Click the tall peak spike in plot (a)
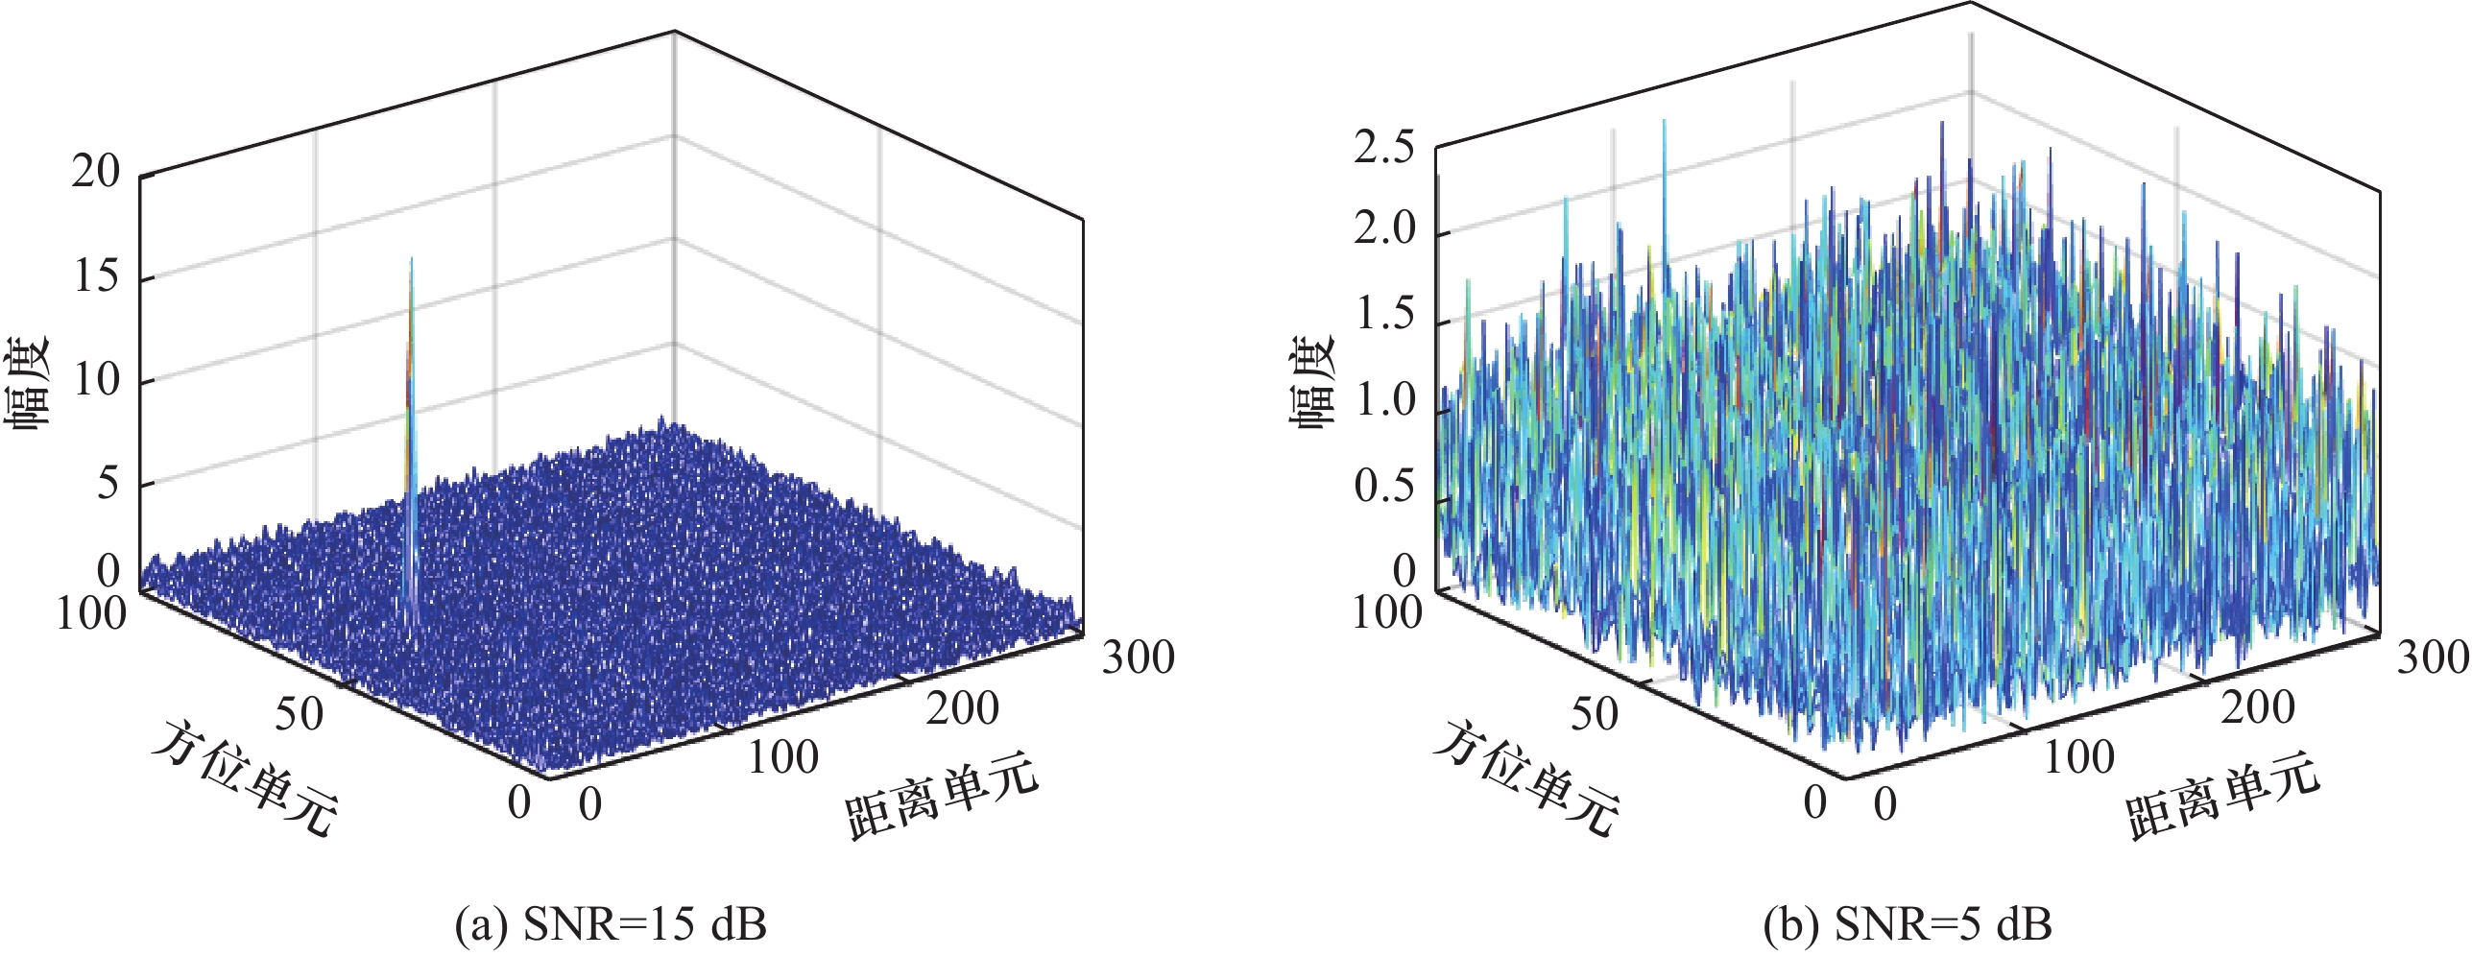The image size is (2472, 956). coord(411,384)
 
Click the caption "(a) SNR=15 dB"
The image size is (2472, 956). coord(611,925)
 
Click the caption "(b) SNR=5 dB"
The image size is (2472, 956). coord(1907,925)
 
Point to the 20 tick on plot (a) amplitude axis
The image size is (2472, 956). coord(96,173)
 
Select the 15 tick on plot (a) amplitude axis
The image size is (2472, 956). coord(96,276)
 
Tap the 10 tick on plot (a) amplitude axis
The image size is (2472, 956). coord(96,380)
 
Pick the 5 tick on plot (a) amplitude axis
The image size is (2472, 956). coord(108,483)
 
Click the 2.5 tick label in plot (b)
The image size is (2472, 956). coord(1383,149)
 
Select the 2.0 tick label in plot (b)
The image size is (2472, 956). coord(1383,229)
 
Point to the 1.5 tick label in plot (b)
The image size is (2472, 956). coord(1383,315)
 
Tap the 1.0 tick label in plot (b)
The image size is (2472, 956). coord(1383,400)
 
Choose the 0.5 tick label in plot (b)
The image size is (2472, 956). coord(1383,487)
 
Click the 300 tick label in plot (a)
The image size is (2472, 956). coord(1138,658)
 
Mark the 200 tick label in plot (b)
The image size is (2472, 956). coord(2257,708)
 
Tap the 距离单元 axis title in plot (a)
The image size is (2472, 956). coord(942,796)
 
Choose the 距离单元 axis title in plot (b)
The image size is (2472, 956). coord(2223,796)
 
